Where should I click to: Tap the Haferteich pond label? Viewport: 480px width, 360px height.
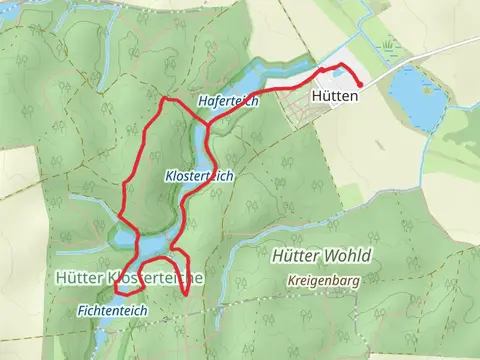[228, 101]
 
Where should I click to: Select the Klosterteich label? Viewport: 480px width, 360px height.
[199, 175]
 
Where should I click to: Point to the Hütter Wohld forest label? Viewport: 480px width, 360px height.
[320, 255]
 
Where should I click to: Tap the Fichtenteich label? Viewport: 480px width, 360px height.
[112, 311]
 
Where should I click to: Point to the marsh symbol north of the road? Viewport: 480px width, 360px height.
[386, 45]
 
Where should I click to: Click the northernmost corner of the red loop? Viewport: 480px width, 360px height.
[165, 99]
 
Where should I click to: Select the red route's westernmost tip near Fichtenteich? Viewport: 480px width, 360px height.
[115, 289]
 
